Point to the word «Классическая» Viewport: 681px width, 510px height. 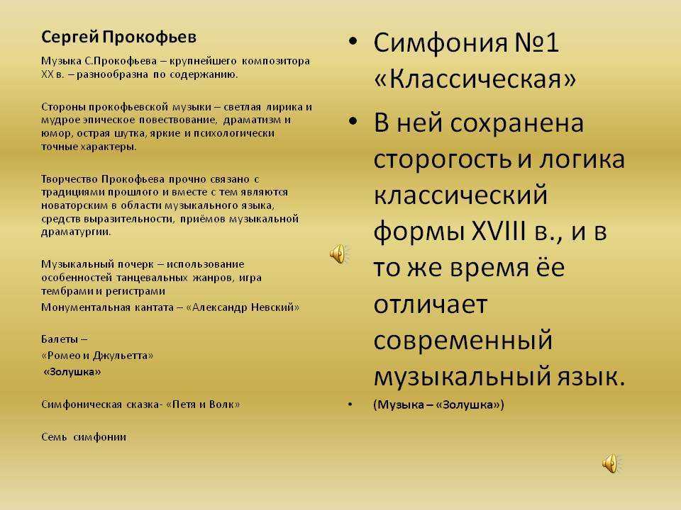tap(475, 79)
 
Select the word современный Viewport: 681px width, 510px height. tap(463, 340)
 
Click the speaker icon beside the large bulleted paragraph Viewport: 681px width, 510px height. tap(338, 253)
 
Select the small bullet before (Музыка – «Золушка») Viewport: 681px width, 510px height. tap(350, 405)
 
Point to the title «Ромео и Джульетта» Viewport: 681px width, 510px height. tap(97, 355)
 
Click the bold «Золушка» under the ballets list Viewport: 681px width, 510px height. tap(72, 371)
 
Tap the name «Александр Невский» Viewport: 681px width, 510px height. tap(243, 307)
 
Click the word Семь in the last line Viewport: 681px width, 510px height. tap(53, 437)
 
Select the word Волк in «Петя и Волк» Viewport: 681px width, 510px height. tap(221, 404)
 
